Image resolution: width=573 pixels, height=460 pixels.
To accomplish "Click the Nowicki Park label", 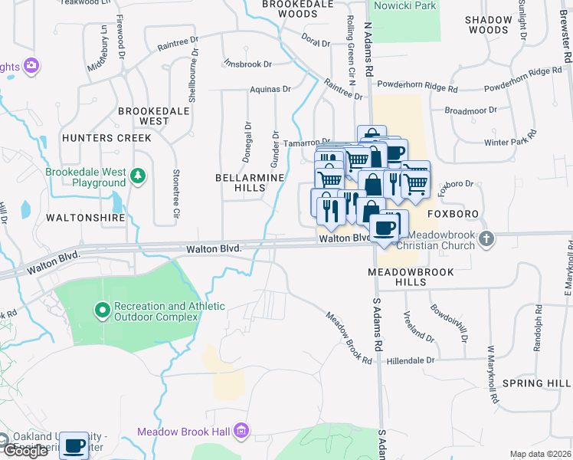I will point(404,5).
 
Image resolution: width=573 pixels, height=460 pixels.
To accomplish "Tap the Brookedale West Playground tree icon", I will point(138,177).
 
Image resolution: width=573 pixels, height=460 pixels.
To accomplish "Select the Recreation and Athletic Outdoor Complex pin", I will point(103,310).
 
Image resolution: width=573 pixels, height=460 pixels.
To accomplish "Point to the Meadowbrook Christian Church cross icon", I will point(486,240).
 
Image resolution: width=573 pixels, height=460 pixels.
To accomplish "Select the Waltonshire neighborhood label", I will point(85,218).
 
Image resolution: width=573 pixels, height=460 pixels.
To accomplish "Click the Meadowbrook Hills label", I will point(411,277).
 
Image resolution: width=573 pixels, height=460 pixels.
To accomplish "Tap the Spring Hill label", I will point(536,383).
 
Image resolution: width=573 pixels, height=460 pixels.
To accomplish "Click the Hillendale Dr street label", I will point(411,360).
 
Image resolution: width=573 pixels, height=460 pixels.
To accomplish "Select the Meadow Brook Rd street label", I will point(349,338).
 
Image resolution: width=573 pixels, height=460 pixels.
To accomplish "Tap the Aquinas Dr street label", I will point(270,90).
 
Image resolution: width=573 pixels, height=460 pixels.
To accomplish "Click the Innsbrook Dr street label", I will point(248,64).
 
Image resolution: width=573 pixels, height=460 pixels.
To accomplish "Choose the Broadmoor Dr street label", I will point(470,111).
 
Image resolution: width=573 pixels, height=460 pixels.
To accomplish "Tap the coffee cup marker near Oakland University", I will point(74,445).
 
